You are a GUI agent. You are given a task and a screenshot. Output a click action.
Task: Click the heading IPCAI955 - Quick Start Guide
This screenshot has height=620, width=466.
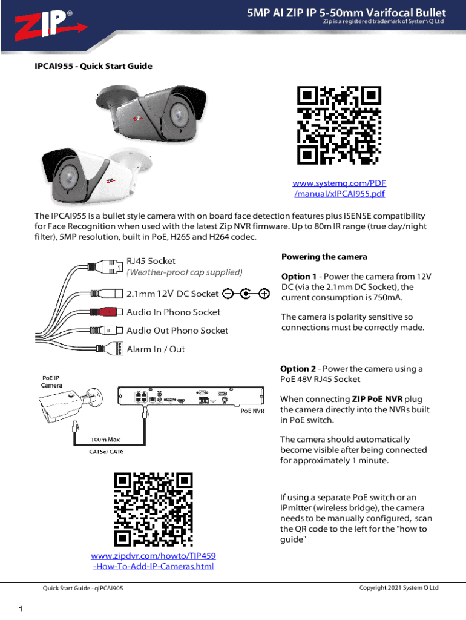[x=93, y=66]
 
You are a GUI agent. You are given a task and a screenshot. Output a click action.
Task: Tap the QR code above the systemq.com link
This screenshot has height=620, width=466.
[x=339, y=125]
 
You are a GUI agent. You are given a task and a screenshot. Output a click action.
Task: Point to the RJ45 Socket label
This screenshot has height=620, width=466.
[x=151, y=261]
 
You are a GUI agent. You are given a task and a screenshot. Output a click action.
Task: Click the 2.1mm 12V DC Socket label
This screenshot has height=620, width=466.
[x=172, y=294]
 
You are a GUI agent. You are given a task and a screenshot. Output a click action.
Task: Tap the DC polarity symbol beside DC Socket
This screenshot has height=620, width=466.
[x=246, y=294]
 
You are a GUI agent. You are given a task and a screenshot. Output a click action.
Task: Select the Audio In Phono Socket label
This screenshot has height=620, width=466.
[x=173, y=312]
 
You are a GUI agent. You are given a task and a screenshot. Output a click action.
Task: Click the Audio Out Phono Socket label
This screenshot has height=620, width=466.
[x=177, y=331]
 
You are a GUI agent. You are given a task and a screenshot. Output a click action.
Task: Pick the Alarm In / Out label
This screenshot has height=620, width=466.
[x=156, y=349]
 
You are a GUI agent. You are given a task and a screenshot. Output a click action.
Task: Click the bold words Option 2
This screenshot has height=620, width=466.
[x=298, y=369]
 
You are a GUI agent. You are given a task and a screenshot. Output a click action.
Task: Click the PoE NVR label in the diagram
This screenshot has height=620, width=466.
[x=252, y=411]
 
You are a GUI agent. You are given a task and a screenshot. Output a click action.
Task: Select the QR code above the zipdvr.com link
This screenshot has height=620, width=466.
[x=153, y=509]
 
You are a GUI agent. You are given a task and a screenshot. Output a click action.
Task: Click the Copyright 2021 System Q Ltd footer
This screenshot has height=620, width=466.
[x=398, y=588]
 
